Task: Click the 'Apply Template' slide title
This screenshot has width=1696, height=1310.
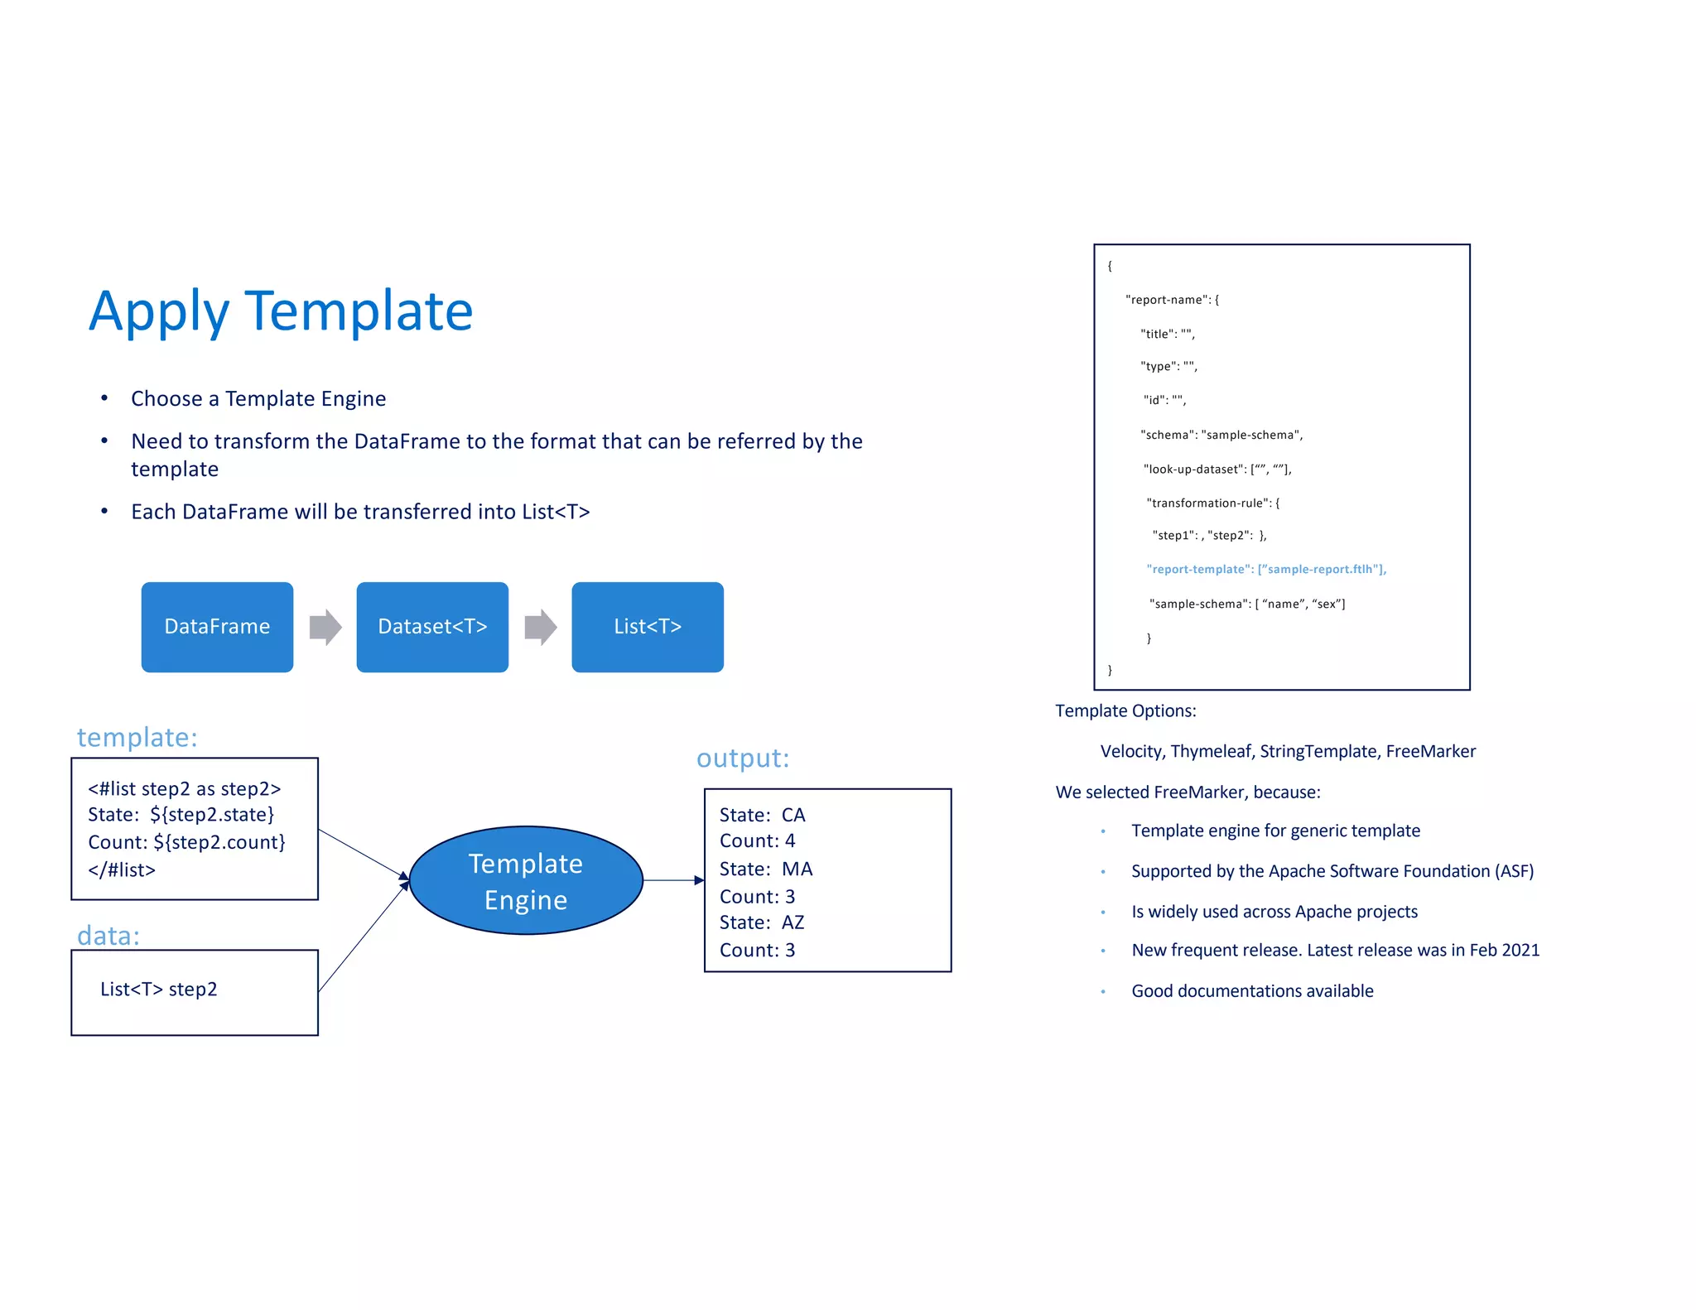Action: tap(281, 311)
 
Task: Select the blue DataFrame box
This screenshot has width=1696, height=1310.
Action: tap(217, 627)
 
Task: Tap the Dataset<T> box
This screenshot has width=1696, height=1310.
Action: tap(432, 627)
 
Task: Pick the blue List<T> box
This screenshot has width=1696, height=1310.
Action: tap(647, 627)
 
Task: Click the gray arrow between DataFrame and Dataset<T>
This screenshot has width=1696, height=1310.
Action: tap(325, 627)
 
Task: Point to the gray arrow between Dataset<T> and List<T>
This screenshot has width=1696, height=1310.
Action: tap(541, 627)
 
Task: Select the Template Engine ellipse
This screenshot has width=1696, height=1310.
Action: tap(526, 881)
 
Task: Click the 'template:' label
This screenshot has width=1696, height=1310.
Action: tap(137, 737)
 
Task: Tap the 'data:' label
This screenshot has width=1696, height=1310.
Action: tap(108, 936)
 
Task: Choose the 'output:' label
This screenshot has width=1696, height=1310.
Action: tap(743, 758)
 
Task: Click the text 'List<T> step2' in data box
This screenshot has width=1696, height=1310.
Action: tap(158, 990)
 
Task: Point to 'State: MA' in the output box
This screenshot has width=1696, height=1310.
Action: tap(766, 869)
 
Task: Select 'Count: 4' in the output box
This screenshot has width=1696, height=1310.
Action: tap(757, 841)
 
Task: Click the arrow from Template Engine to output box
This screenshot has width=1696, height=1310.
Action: tap(673, 880)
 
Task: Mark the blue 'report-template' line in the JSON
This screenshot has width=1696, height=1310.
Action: tap(1265, 570)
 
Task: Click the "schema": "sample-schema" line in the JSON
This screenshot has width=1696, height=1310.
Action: tap(1221, 435)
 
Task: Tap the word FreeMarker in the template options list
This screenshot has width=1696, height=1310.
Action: tap(1430, 752)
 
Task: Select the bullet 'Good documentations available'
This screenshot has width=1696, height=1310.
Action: tap(1252, 991)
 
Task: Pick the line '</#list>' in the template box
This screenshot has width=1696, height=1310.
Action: tap(122, 870)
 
